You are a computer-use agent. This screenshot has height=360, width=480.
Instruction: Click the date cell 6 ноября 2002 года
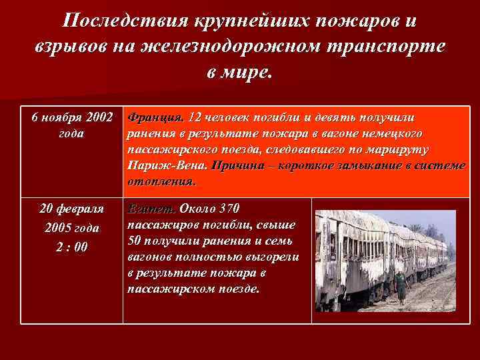point(72,125)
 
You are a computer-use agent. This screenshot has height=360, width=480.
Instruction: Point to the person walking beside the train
point(401,287)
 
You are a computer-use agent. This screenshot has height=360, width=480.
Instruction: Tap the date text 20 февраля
point(71,208)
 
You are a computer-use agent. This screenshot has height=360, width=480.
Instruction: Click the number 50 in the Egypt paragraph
point(135,241)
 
